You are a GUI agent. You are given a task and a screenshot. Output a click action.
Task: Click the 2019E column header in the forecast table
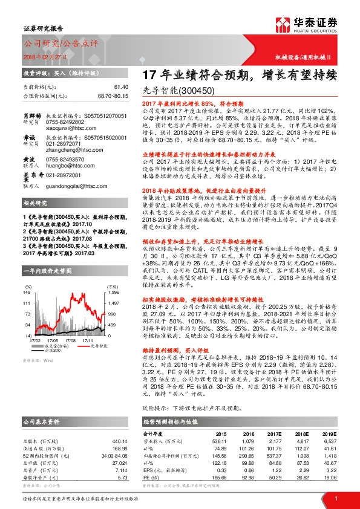pos(330,433)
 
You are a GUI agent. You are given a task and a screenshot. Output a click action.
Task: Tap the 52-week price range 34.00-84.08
pos(117,454)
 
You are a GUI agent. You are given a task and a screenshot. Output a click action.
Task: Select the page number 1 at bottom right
pos(335,498)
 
